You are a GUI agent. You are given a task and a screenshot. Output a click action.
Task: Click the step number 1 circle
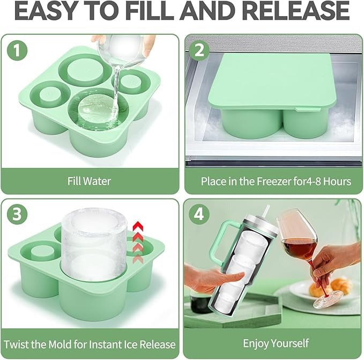18,52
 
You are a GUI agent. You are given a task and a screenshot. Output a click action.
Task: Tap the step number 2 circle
200,52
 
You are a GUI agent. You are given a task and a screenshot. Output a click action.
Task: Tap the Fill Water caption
90,181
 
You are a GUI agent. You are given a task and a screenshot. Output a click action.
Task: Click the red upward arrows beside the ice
138,239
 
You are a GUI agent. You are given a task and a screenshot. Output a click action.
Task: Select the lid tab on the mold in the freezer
310,109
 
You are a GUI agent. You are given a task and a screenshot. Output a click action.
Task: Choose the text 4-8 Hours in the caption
332,181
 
